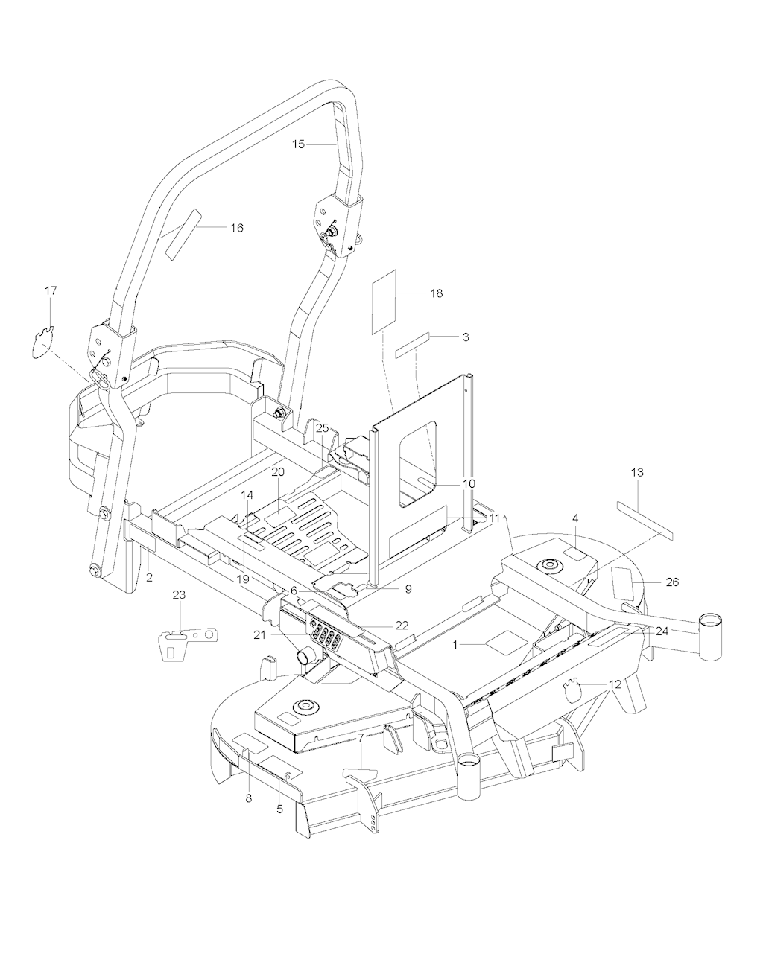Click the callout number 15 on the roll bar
tap(298, 144)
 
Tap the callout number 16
tap(235, 228)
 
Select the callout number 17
tap(51, 290)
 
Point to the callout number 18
tap(436, 293)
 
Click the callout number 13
tap(637, 473)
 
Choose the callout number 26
tap(672, 582)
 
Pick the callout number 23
tap(180, 595)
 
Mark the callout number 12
tap(615, 684)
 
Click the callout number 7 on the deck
tap(361, 739)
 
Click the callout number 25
tap(322, 428)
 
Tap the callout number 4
tap(575, 518)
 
